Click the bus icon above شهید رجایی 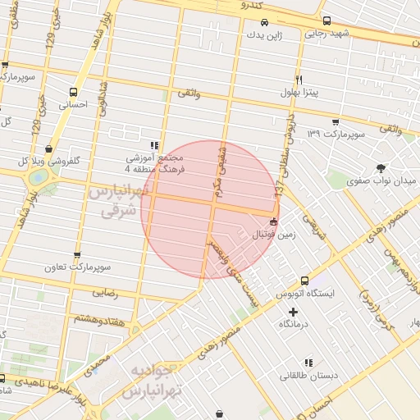(x=327, y=21)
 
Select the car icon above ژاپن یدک (x=264, y=23)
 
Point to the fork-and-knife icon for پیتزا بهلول (x=299, y=80)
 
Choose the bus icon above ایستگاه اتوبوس (x=305, y=281)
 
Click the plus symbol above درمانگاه (x=294, y=312)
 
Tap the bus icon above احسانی (x=75, y=93)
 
